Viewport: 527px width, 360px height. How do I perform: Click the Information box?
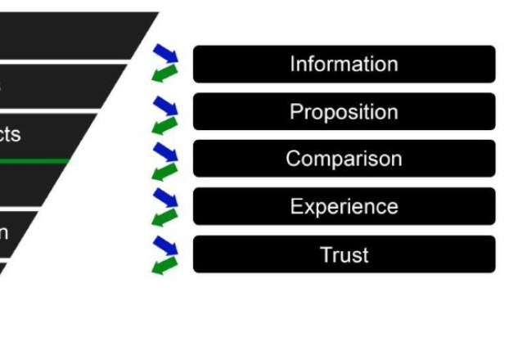click(x=344, y=64)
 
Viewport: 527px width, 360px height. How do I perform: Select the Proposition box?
click(x=344, y=111)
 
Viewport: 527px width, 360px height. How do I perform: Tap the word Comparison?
click(x=344, y=159)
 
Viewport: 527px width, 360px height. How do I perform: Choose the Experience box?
click(x=344, y=206)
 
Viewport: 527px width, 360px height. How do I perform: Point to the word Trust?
click(x=344, y=254)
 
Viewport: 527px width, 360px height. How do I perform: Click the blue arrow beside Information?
click(x=165, y=54)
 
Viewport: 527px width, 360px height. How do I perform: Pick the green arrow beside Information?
click(x=164, y=74)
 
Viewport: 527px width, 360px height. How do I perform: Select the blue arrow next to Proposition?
click(x=165, y=105)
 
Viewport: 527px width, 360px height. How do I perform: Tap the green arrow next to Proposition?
click(x=164, y=124)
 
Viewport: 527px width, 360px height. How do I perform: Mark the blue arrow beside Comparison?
click(x=165, y=151)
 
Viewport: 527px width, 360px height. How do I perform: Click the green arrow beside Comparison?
click(x=164, y=171)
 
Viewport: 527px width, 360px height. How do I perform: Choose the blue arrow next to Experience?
click(x=165, y=197)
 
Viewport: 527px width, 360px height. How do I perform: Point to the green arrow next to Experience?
click(x=164, y=217)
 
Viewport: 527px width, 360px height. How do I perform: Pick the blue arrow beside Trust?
click(x=165, y=245)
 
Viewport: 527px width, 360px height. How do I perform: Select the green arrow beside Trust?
click(x=164, y=265)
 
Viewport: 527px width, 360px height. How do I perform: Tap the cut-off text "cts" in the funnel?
click(x=10, y=134)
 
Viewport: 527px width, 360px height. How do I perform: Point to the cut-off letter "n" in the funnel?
click(x=4, y=232)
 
